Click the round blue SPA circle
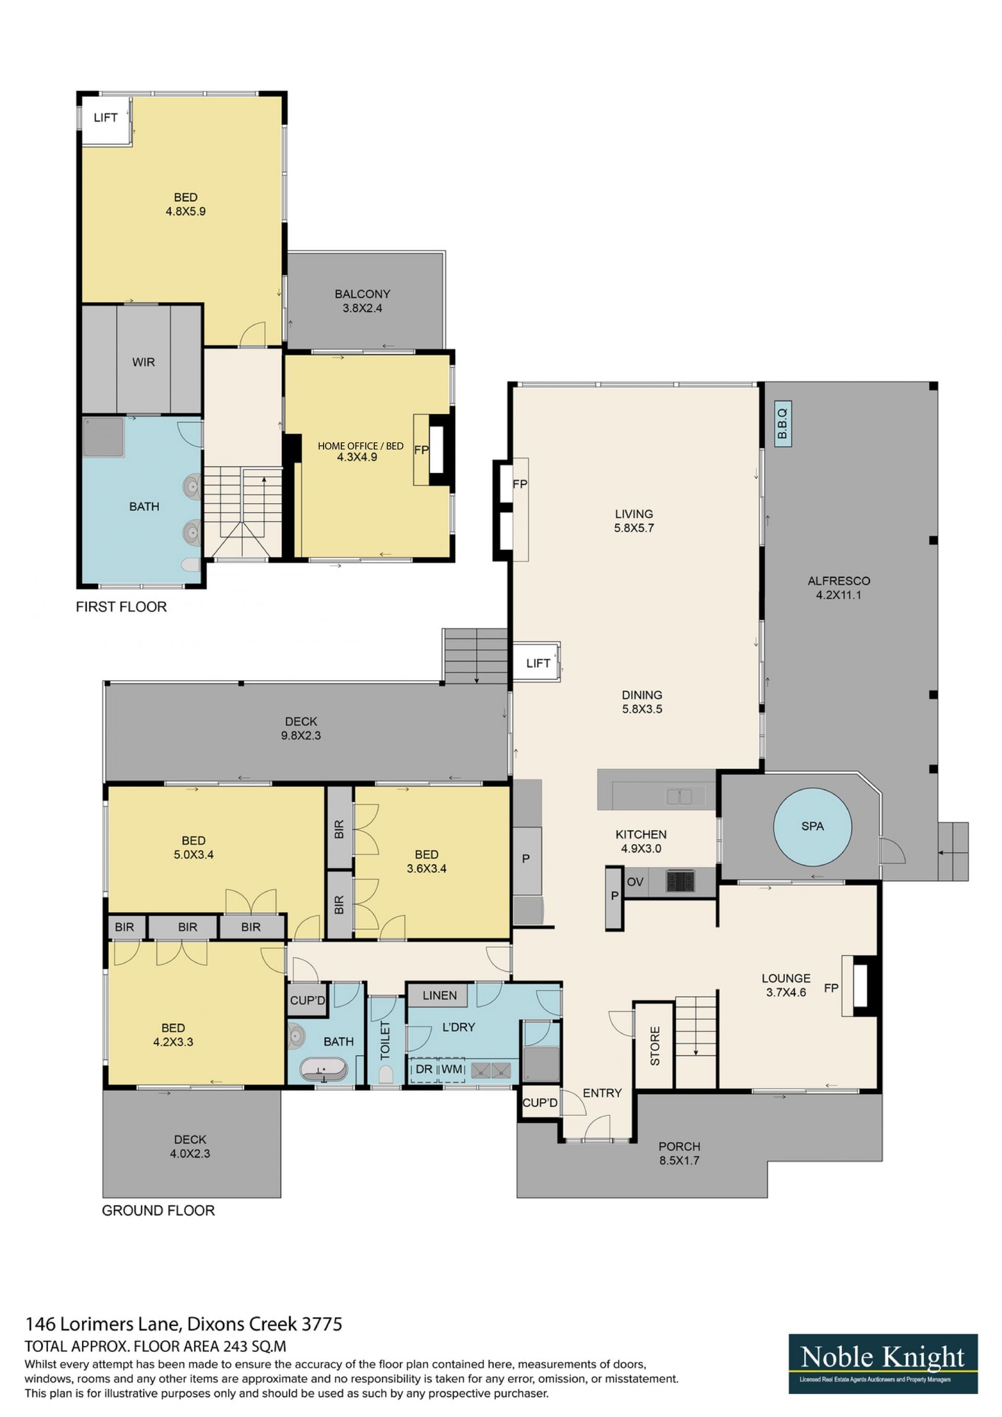click(x=813, y=826)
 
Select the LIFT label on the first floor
click(x=105, y=117)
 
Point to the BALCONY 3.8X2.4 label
click(x=363, y=301)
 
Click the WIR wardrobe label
click(x=143, y=362)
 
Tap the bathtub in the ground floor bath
click(x=324, y=1070)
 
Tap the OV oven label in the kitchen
click(x=635, y=882)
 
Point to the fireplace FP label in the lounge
click(x=831, y=988)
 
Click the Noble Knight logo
click(x=883, y=1364)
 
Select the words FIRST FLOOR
click(x=121, y=607)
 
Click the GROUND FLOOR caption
click(x=158, y=1210)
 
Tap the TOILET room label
click(x=385, y=1041)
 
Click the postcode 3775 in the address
click(x=321, y=1324)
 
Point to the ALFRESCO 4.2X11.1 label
click(x=839, y=587)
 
